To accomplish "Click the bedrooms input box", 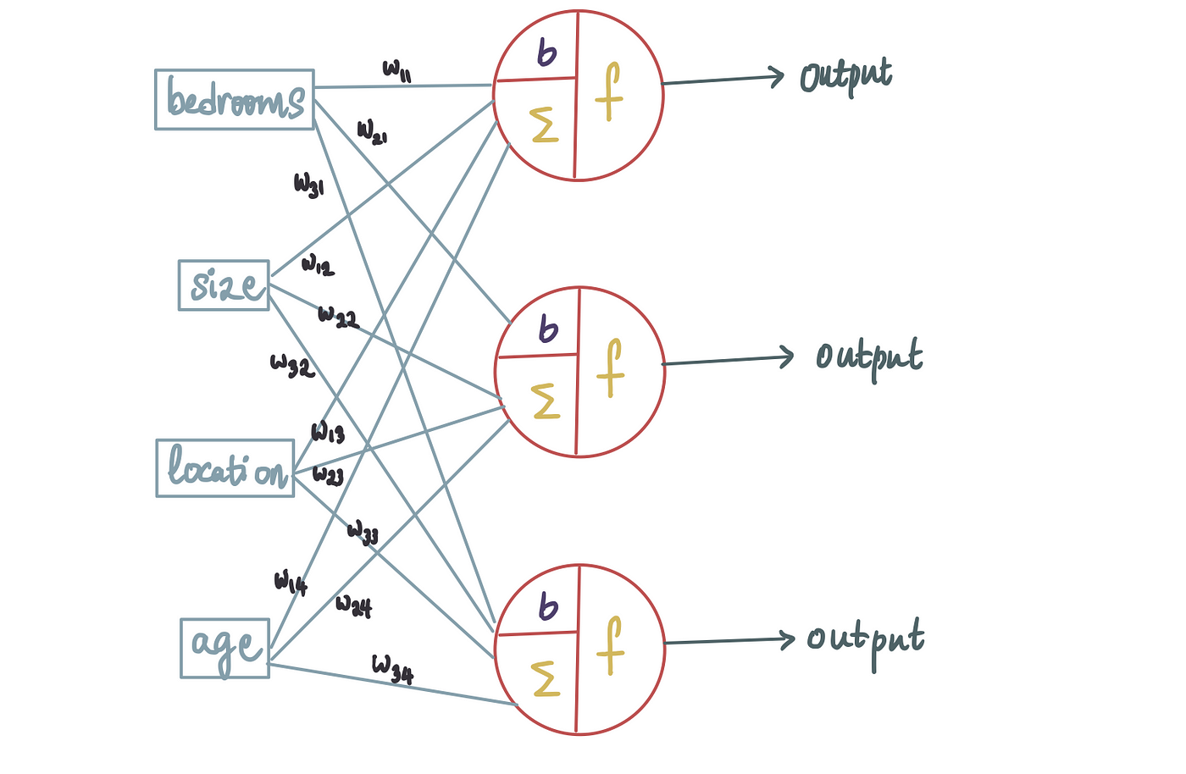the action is coord(235,100).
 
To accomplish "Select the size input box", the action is coord(224,285).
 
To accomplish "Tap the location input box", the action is coord(225,468).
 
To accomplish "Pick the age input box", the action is coord(225,649).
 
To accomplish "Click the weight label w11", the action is coord(396,71).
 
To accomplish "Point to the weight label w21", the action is coord(372,132).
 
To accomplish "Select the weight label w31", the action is coord(308,186).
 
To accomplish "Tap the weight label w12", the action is coord(318,265).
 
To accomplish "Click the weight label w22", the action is coord(338,317).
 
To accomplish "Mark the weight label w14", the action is coord(291,583).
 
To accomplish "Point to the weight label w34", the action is coord(392,670).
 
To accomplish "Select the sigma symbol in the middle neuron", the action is coord(545,401).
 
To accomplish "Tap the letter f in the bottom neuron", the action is coord(611,645).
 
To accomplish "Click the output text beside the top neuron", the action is coord(846,79).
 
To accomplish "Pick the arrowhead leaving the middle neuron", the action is coord(787,357).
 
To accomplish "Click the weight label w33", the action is coord(363,533).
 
